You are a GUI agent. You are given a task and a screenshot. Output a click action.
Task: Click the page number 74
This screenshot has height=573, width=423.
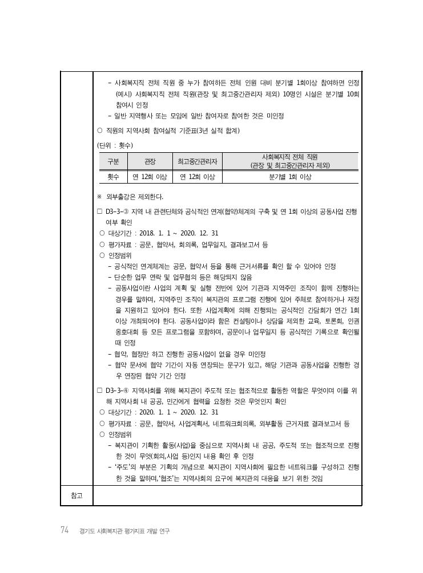pos(65,530)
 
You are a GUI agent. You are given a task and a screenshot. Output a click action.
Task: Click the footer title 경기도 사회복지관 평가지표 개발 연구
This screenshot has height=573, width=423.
pos(125,531)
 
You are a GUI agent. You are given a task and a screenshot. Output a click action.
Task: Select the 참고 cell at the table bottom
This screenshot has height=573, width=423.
pos(76,495)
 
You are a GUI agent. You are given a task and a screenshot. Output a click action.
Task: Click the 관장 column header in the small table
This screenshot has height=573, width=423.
pos(150,161)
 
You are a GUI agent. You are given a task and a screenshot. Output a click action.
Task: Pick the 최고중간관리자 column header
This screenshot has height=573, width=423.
pos(198,161)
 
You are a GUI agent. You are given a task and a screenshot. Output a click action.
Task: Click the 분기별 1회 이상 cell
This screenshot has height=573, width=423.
pos(290,177)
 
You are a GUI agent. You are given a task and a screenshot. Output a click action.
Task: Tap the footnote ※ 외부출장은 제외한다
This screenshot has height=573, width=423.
pos(131,197)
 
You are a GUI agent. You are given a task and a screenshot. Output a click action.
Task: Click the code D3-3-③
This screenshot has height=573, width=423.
pos(117,212)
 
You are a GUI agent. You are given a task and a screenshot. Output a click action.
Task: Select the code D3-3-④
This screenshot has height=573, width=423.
pos(117,391)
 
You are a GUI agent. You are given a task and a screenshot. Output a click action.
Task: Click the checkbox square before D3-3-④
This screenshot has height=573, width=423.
pos(100,391)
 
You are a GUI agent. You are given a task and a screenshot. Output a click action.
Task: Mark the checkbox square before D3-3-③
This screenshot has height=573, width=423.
pos(100,212)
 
